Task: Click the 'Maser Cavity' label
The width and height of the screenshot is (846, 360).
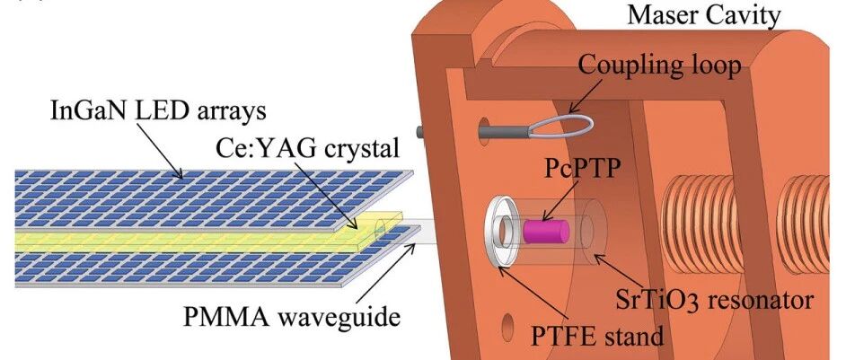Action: coord(703,15)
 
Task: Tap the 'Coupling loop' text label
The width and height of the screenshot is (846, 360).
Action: coord(659,66)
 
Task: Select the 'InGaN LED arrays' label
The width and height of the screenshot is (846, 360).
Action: coord(158,110)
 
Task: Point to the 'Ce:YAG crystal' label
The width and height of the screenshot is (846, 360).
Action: coord(308,147)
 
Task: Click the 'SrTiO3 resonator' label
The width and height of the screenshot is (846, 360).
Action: coord(714,300)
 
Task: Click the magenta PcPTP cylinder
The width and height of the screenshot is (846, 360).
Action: coord(545,231)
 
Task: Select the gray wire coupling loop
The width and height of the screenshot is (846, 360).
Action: coord(561,126)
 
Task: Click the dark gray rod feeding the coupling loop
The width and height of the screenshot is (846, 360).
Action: coord(505,130)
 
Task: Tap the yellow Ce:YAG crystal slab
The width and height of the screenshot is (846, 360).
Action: coord(207,238)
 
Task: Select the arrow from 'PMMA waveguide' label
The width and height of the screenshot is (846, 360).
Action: coord(385,273)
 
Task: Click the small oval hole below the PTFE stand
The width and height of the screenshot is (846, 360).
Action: coord(507,329)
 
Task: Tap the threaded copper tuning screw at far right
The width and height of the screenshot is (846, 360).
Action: coord(803,223)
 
